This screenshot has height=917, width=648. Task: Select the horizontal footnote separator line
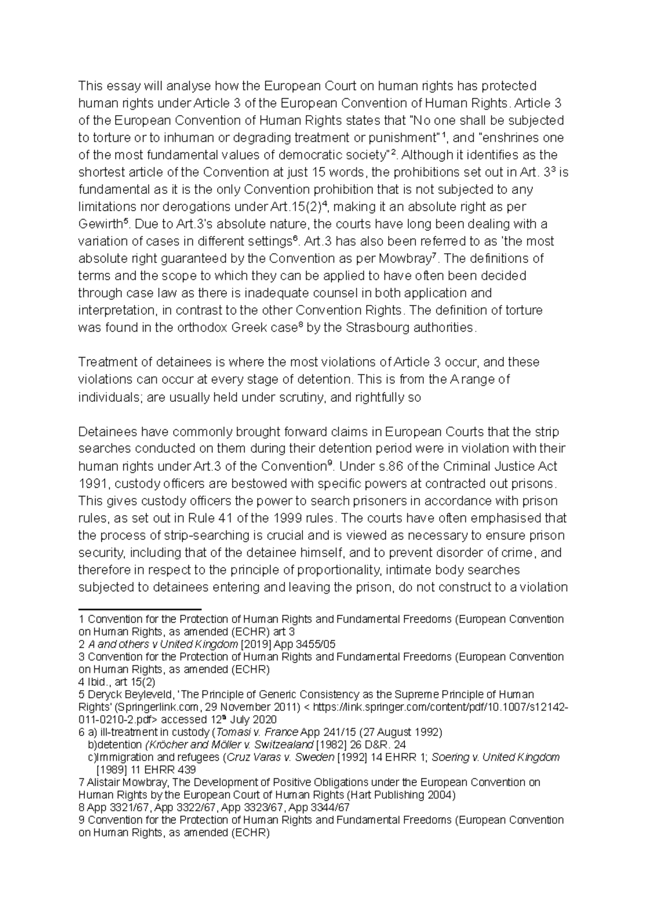(139, 609)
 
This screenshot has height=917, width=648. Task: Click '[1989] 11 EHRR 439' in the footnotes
(145, 770)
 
